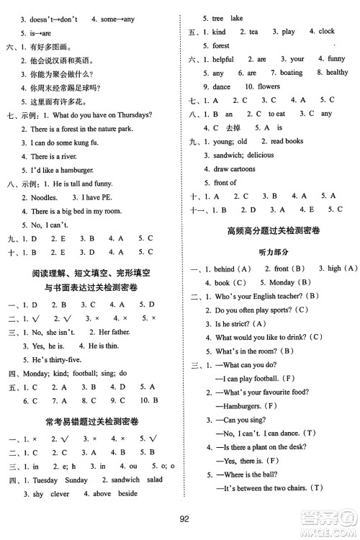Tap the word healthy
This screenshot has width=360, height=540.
pos(337,73)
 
